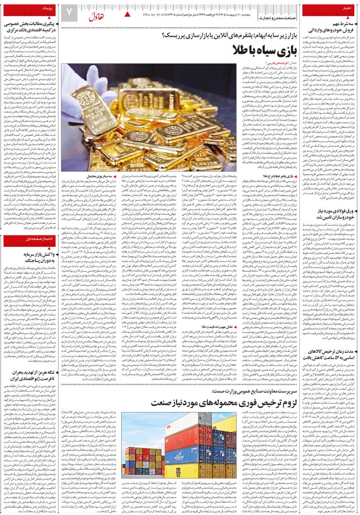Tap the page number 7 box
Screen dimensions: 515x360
[x=69, y=12]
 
